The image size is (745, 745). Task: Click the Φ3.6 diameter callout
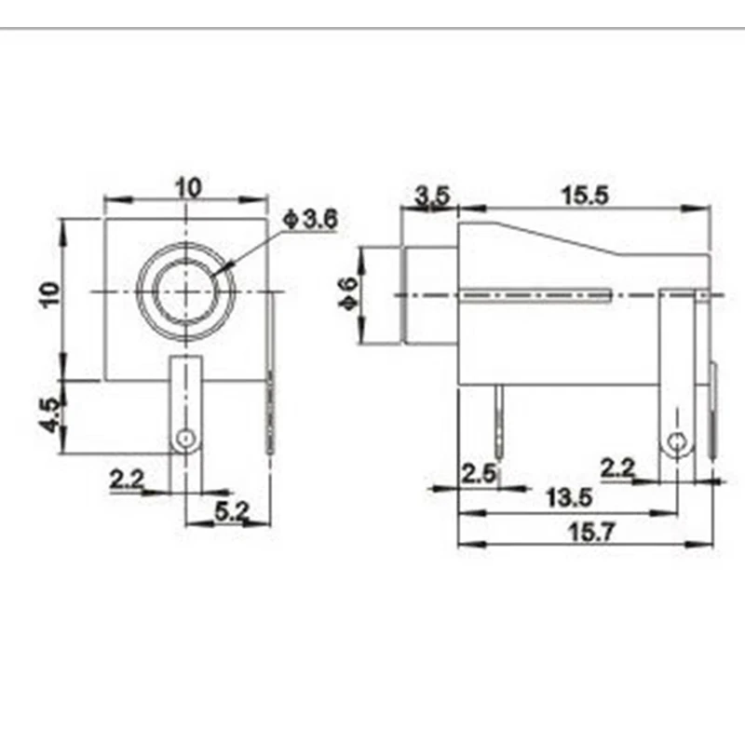point(310,221)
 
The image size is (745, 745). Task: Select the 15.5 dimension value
point(584,196)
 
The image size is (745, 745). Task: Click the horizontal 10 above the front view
point(189,186)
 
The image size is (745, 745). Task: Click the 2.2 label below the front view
point(127,480)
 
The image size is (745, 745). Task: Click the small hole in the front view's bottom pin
point(186,438)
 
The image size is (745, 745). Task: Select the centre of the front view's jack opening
point(186,291)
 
